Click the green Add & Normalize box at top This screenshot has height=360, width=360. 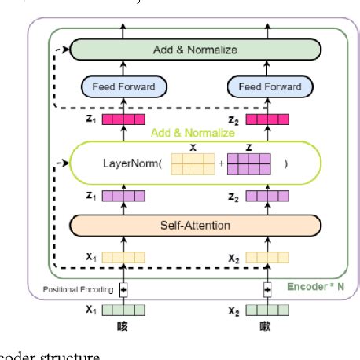[195, 50]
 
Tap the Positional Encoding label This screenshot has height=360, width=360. [77, 289]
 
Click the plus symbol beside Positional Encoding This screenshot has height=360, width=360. [123, 289]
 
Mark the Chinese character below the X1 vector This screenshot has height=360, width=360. [123, 325]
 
